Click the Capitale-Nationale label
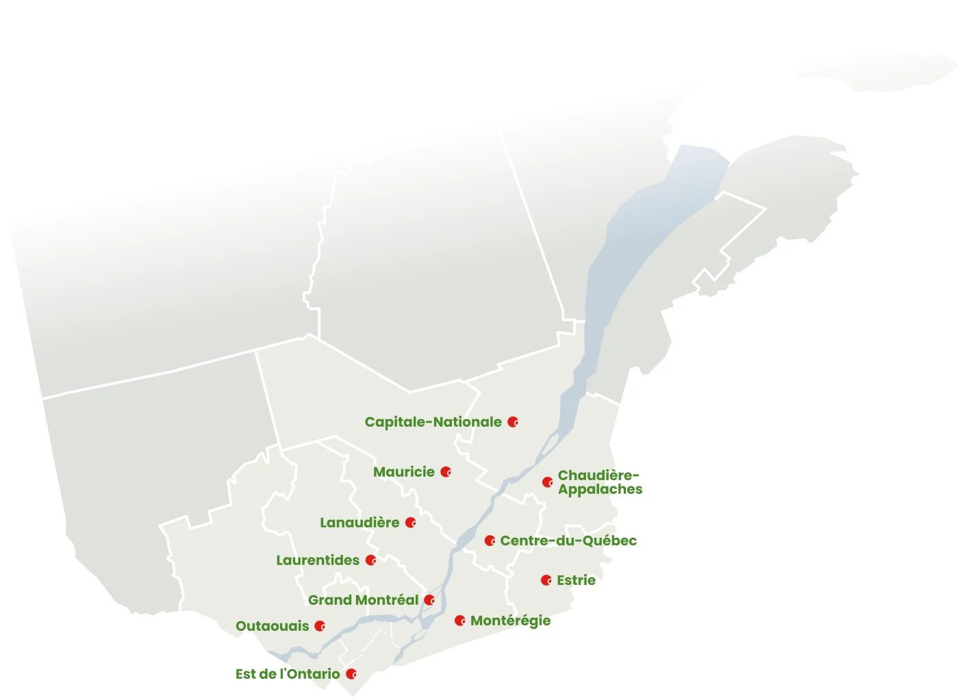[433, 422]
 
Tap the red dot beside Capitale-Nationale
[513, 422]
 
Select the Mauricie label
[403, 472]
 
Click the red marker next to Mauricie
[446, 472]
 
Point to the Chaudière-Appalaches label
[600, 482]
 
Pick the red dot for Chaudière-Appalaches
[547, 482]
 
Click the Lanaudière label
[359, 523]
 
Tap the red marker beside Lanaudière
[410, 523]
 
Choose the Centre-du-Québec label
[568, 540]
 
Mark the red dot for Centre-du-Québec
[490, 540]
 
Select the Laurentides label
[318, 560]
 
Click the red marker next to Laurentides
[370, 560]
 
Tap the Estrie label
[576, 580]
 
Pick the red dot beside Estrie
[546, 580]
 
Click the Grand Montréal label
[363, 600]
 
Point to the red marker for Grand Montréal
[429, 600]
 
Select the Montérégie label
[510, 621]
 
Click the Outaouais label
[272, 626]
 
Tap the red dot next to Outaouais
[319, 626]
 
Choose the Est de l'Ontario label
[288, 674]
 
